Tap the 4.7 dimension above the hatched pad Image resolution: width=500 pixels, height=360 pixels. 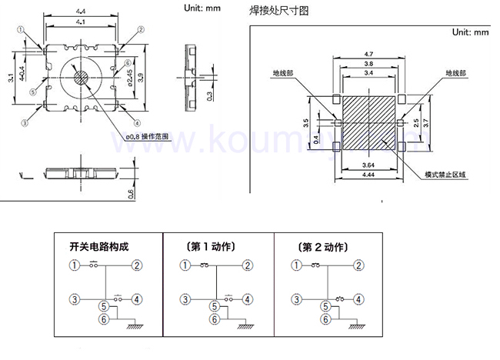pos(368,54)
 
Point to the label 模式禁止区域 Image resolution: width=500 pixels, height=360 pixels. pos(446,175)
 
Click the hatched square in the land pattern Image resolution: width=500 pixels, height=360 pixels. pos(368,122)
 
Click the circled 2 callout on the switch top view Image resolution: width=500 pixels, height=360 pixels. pos(142,30)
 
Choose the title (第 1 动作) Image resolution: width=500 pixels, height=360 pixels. pos(210,247)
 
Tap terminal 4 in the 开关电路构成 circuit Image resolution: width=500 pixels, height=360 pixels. pos(136,299)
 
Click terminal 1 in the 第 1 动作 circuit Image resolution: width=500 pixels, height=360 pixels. pos(185,266)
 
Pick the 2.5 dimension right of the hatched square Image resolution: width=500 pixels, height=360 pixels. pos(416,122)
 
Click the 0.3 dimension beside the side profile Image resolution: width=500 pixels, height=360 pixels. pos(208,95)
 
